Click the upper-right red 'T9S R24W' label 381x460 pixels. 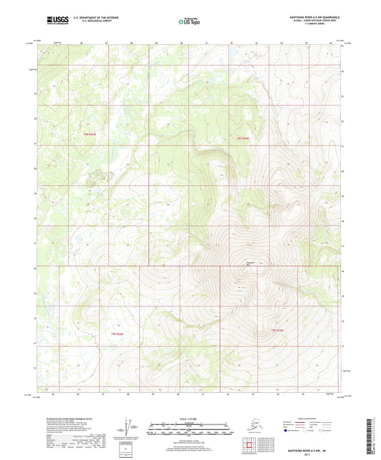click(244, 138)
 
